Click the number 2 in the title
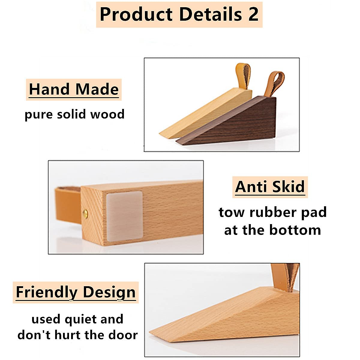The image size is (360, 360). coord(253,14)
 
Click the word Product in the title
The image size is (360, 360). coord(136,14)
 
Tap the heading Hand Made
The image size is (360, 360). coord(74,89)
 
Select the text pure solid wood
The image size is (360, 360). coord(74,114)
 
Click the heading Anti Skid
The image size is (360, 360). coord(270,187)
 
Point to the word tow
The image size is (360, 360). coord(231,212)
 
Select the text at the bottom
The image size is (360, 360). coord(272,230)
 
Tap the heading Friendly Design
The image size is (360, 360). coord(76,292)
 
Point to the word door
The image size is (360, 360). coord(123,335)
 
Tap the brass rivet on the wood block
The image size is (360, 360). coord(85,213)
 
